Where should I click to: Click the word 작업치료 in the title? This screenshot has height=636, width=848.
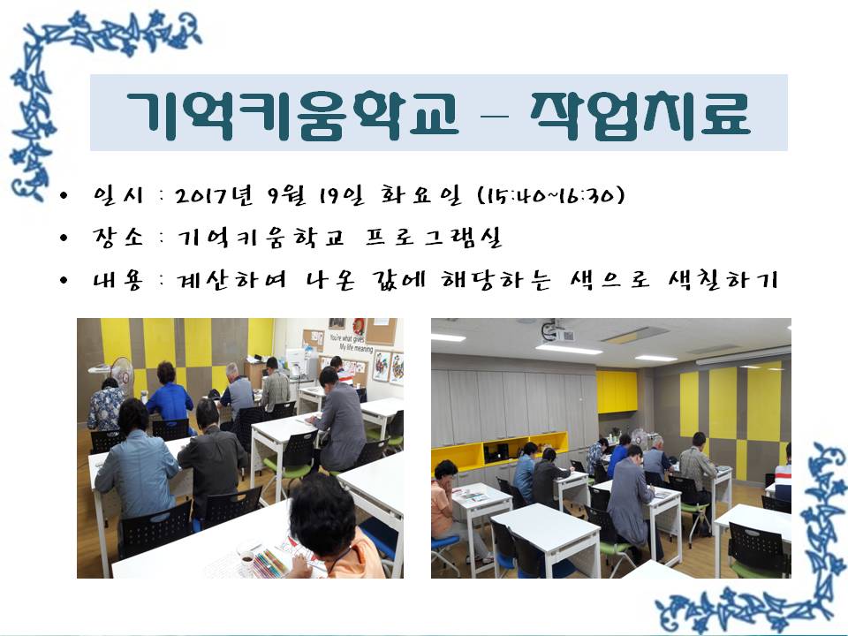click(x=640, y=115)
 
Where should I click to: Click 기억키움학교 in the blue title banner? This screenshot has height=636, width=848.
click(x=292, y=115)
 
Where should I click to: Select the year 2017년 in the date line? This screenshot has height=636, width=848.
click(x=214, y=195)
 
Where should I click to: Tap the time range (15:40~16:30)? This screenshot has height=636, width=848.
click(x=551, y=195)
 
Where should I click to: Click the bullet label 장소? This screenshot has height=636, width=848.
click(x=117, y=238)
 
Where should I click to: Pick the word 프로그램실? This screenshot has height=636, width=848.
click(x=434, y=238)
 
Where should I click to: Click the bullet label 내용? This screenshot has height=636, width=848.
click(x=117, y=280)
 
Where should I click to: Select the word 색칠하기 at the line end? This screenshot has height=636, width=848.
click(x=723, y=280)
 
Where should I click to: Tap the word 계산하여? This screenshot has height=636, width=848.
click(x=231, y=280)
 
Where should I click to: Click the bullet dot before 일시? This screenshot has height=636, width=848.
click(x=64, y=195)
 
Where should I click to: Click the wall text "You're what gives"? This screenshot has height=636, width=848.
click(x=346, y=339)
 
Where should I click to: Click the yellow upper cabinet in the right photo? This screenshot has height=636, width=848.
click(x=617, y=391)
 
